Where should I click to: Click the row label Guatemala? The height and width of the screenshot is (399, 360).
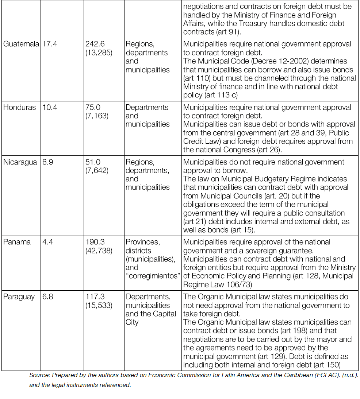pos(21,44)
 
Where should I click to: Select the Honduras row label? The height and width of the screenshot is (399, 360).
pos(20,107)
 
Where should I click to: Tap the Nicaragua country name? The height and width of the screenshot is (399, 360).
pos(20,162)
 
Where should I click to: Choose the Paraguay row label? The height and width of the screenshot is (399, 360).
pos(19,297)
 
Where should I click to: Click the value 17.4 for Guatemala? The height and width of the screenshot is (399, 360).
pos(50,44)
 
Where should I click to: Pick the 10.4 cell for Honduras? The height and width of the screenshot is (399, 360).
pos(50,107)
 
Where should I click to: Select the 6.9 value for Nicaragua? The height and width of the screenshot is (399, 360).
pos(48,162)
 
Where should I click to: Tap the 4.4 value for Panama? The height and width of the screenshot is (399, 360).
pos(48,242)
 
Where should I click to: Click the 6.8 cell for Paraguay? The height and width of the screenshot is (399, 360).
pos(48,297)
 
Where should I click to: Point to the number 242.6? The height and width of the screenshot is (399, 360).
pos(95,44)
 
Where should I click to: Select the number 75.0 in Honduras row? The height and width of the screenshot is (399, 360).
pos(93,107)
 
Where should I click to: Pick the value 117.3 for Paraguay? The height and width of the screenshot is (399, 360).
pos(95,297)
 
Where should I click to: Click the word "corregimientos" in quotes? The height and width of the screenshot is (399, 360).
pos(153,276)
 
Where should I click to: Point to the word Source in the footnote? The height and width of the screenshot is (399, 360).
pos(39,375)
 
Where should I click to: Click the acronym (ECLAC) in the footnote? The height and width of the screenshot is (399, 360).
pos(323,375)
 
